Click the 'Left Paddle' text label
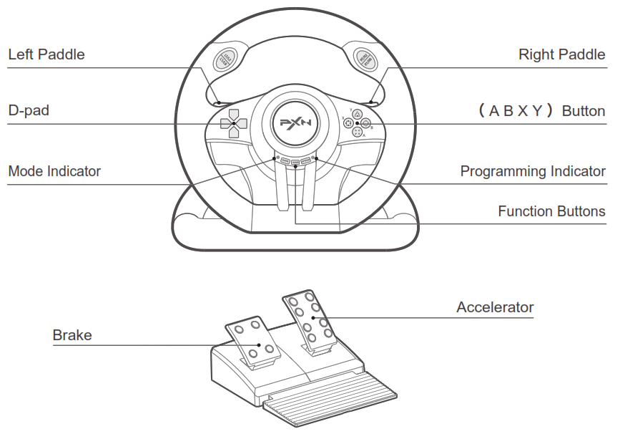tap(46, 54)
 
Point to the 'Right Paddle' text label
tap(561, 54)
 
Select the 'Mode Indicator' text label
tap(54, 171)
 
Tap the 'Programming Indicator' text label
tap(533, 171)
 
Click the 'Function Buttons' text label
tap(551, 211)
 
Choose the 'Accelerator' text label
tap(495, 307)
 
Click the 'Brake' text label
tap(72, 335)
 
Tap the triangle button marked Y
tap(357, 114)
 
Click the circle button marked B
tap(365, 123)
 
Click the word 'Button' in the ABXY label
tap(584, 111)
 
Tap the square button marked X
tap(348, 123)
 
